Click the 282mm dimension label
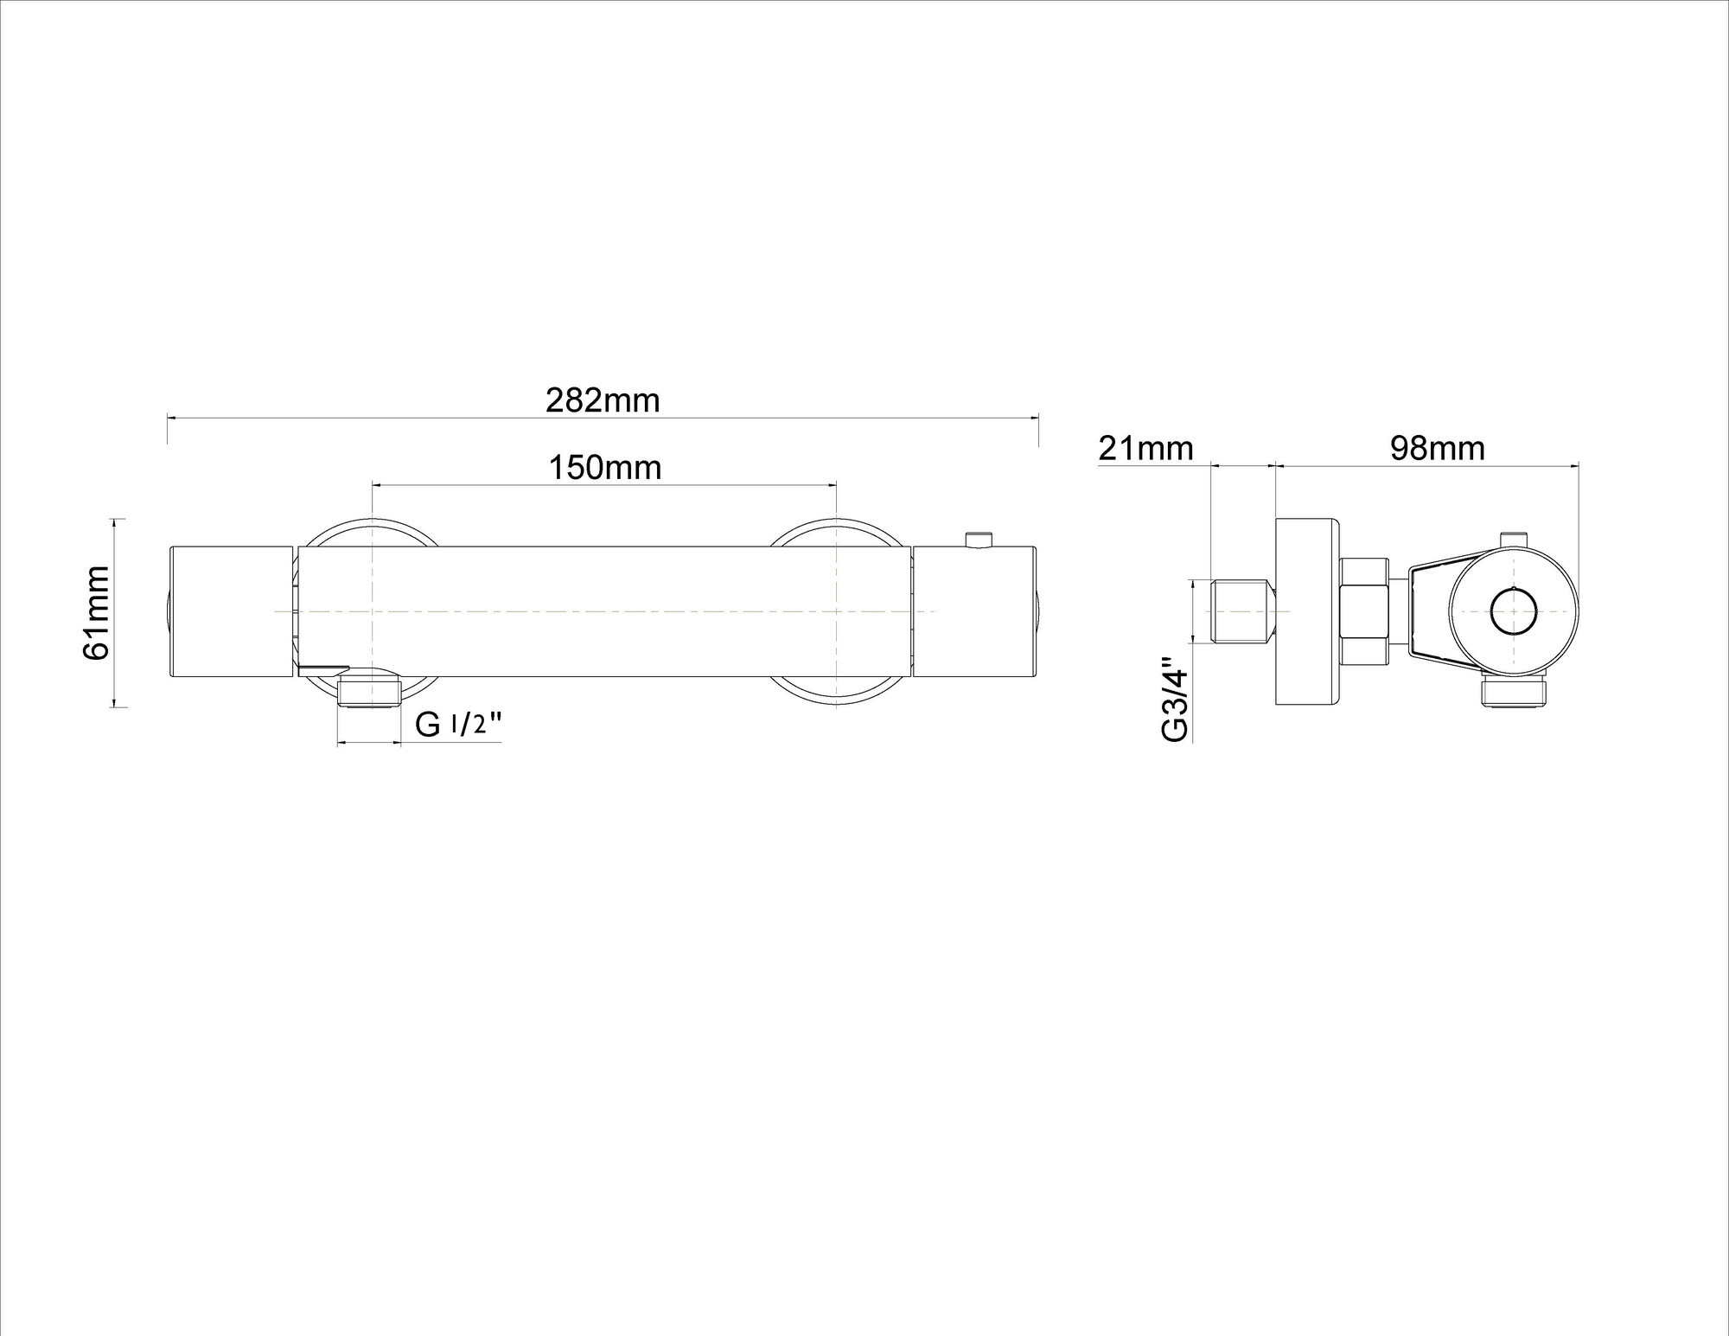point(603,400)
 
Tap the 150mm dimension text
point(605,468)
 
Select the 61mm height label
point(96,612)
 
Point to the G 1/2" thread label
point(458,724)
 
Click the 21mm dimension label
point(1145,449)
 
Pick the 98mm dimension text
point(1438,448)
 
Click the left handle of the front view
point(231,612)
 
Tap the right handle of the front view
point(974,612)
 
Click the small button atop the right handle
point(979,540)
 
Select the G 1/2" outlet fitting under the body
point(370,693)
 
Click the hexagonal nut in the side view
point(1364,612)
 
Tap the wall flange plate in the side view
point(1307,612)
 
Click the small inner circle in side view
point(1515,612)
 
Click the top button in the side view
point(1514,540)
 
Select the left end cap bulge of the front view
point(167,612)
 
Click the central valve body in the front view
point(604,612)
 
